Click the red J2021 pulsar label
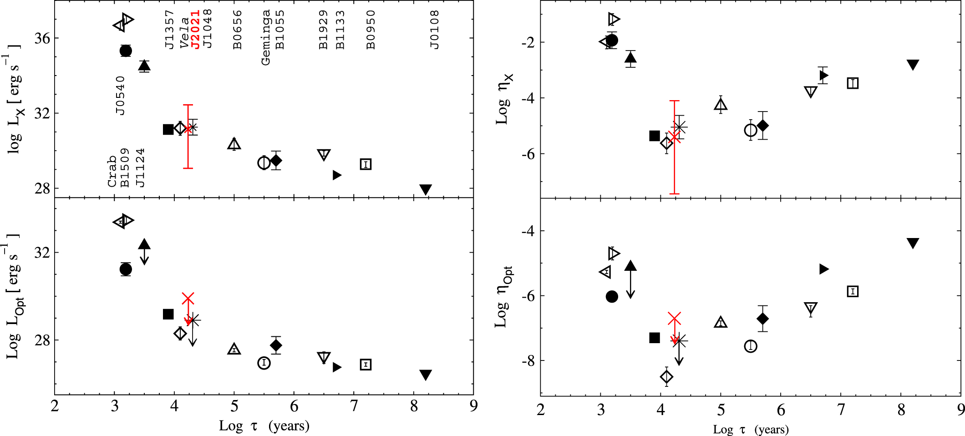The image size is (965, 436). pos(195,30)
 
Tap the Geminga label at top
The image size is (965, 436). pos(265,37)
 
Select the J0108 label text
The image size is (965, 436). pos(435,30)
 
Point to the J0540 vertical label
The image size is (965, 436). pos(120,96)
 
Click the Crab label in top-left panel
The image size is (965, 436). pos(112,171)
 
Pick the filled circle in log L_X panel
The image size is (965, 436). pos(126,51)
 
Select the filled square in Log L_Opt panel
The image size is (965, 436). pos(168,314)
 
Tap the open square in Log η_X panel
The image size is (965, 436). pos(853,83)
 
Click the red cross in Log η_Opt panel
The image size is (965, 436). pos(675,318)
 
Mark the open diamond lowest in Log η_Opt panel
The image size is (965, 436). pos(666,377)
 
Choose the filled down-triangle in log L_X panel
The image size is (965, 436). pos(425,189)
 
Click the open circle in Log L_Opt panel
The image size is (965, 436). pos(264,363)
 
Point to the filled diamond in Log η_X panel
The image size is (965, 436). pos(763,125)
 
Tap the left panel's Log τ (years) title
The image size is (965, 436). pos(264,426)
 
